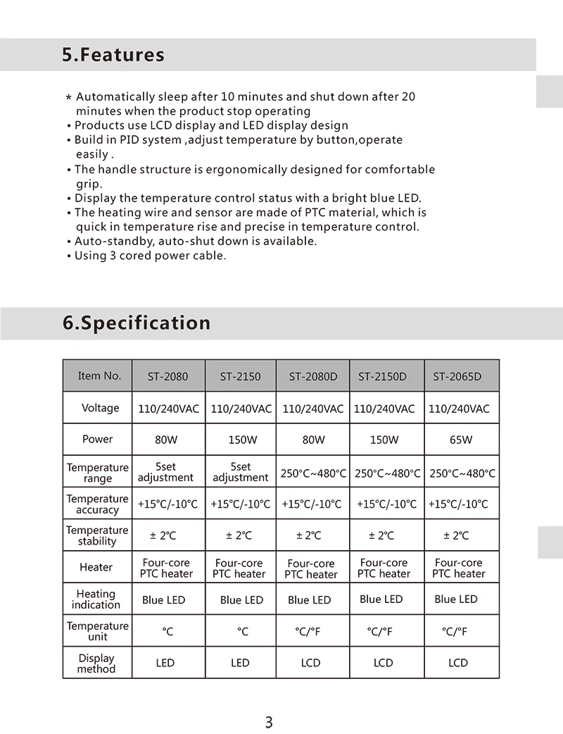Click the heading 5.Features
click(x=113, y=55)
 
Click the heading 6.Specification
click(x=137, y=323)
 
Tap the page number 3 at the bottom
click(x=268, y=722)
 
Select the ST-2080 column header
click(x=167, y=376)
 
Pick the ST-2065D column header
click(x=457, y=376)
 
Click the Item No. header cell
click(x=99, y=375)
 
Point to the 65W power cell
click(x=461, y=440)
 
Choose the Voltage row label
click(x=100, y=408)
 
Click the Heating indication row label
click(x=96, y=599)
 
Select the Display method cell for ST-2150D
click(x=383, y=663)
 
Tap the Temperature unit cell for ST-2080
click(x=167, y=632)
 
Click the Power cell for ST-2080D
click(x=313, y=440)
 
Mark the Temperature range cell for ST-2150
click(x=241, y=472)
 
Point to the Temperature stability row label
click(x=97, y=535)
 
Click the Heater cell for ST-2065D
click(x=459, y=568)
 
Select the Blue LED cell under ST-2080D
click(x=309, y=600)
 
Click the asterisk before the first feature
click(x=68, y=97)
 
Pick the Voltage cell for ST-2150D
click(x=384, y=409)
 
